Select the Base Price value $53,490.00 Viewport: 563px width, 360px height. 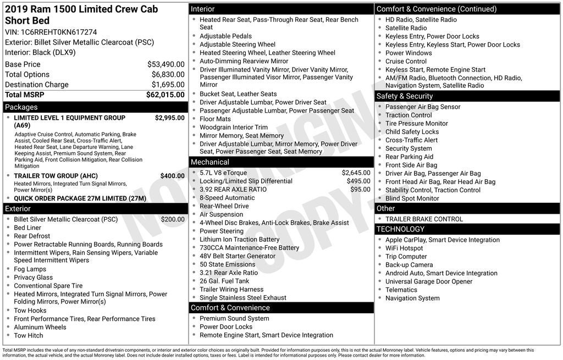pyautogui.click(x=165, y=64)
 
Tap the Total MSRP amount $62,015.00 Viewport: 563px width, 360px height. pyautogui.click(x=165, y=95)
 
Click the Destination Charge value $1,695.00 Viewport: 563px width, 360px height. pyautogui.click(x=168, y=85)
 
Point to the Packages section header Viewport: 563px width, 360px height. pyautogui.click(x=21, y=107)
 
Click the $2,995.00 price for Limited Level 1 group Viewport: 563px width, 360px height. pyautogui.click(x=169, y=118)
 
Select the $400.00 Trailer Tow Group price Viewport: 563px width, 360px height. pyautogui.click(x=172, y=176)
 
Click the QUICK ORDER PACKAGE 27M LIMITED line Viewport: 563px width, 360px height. pyautogui.click(x=80, y=198)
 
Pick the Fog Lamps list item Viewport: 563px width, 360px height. pyautogui.click(x=30, y=269)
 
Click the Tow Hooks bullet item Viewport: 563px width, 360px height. pyautogui.click(x=30, y=311)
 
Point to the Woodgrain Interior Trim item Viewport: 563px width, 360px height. pyautogui.click(x=234, y=127)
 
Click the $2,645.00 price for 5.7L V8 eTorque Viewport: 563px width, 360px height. pyautogui.click(x=356, y=173)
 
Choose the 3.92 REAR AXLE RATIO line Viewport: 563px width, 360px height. pyautogui.click(x=233, y=189)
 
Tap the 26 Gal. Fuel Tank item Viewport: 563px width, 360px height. pyautogui.click(x=224, y=281)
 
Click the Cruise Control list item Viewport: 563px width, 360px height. pyautogui.click(x=406, y=62)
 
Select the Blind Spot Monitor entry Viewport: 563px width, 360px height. pyautogui.click(x=412, y=198)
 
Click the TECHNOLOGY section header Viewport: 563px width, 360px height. pyautogui.click(x=400, y=229)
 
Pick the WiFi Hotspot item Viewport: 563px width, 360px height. pyautogui.click(x=404, y=248)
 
